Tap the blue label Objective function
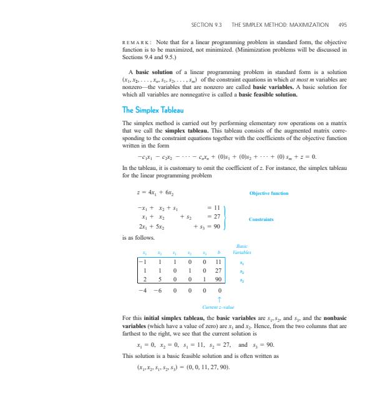(268, 194)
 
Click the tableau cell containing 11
(219, 263)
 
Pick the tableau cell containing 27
(219, 272)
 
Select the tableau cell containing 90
(219, 281)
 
